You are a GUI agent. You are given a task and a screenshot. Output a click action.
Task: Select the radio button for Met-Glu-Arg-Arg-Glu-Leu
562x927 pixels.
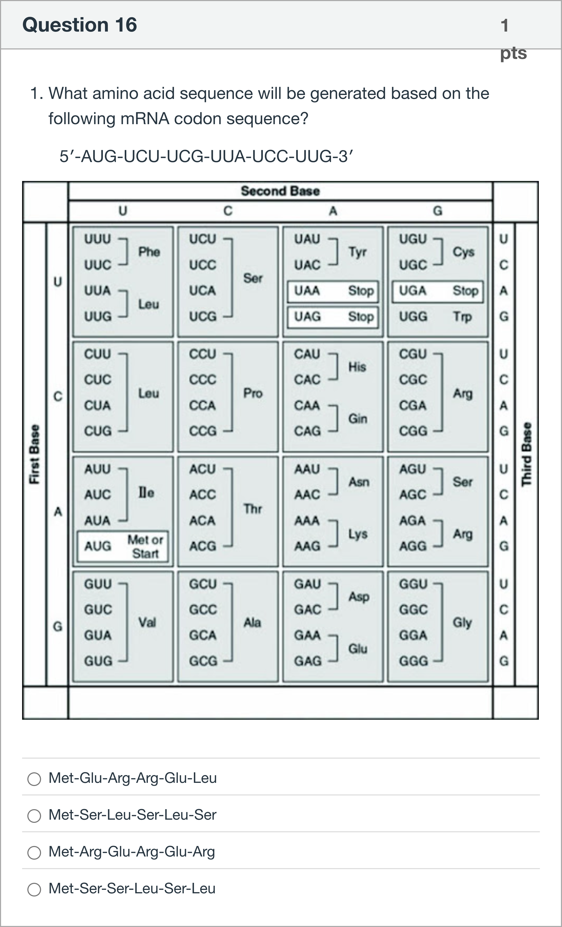click(x=34, y=779)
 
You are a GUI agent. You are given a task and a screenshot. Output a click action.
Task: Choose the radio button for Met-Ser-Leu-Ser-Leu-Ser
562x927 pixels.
click(x=34, y=816)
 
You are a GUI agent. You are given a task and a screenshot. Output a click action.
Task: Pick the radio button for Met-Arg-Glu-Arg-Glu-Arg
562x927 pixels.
click(x=34, y=853)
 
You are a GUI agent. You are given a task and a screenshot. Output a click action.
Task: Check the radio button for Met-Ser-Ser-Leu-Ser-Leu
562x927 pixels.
click(x=34, y=889)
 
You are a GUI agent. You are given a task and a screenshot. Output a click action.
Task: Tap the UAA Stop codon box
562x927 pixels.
click(x=333, y=291)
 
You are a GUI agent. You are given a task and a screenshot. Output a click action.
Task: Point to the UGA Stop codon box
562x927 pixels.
click(x=438, y=291)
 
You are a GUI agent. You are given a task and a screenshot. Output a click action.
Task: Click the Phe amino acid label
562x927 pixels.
click(x=149, y=252)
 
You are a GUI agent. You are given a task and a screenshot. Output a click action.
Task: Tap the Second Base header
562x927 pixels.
click(x=280, y=191)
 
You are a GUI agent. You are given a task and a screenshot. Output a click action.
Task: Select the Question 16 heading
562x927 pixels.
click(x=80, y=25)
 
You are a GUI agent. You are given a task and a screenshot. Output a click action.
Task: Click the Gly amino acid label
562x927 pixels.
click(x=462, y=623)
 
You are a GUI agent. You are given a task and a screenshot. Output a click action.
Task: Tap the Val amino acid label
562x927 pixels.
click(x=147, y=623)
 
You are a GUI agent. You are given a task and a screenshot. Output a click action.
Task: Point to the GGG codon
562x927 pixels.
click(x=413, y=661)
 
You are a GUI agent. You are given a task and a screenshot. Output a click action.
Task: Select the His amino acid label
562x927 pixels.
click(x=357, y=367)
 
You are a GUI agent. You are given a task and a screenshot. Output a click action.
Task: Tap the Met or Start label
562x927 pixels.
click(x=145, y=547)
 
